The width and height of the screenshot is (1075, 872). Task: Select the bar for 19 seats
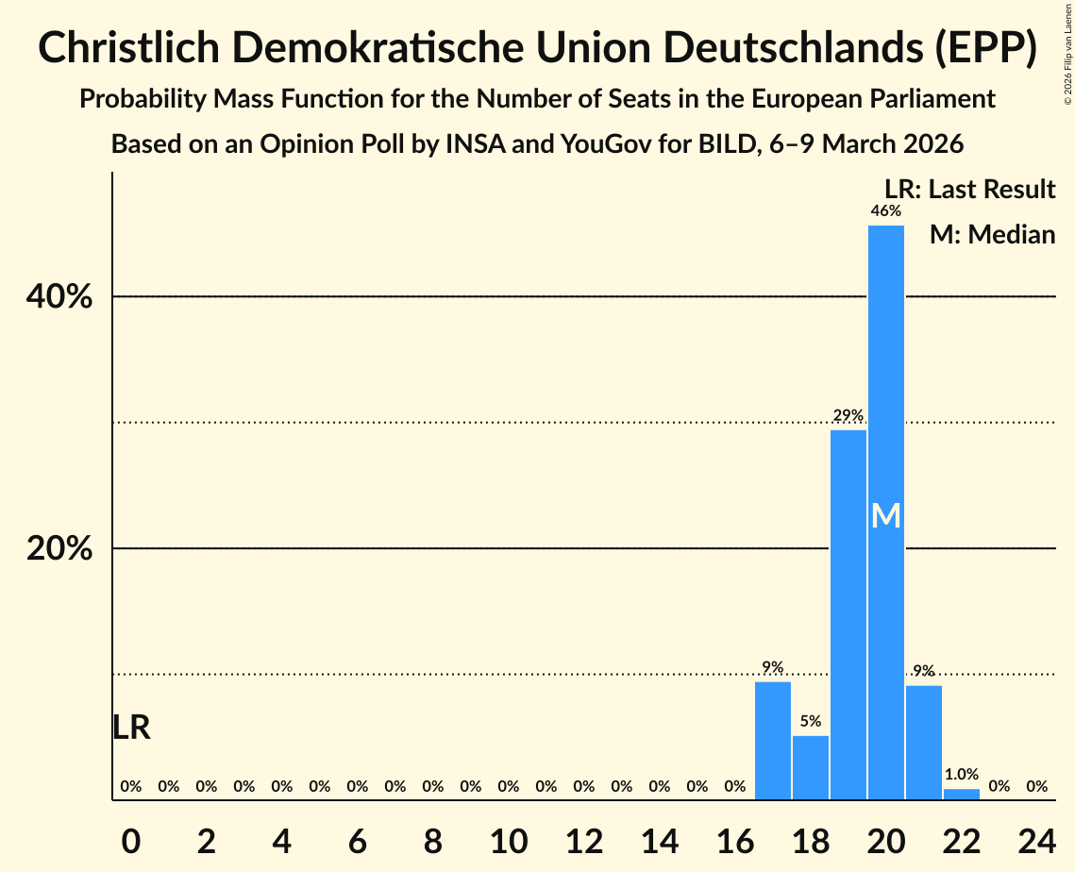848,613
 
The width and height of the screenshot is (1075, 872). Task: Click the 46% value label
885,211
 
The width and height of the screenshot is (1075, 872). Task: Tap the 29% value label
848,416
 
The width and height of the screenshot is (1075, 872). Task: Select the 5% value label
810,722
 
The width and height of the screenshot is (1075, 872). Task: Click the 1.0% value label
961,775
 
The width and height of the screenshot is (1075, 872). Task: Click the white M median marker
885,515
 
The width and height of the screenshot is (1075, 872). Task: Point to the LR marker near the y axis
131,728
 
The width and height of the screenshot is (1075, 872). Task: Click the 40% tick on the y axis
59,297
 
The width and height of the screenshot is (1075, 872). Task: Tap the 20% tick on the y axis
59,549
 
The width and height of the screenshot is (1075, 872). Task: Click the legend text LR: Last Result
969,190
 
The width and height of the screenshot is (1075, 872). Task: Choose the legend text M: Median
992,234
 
